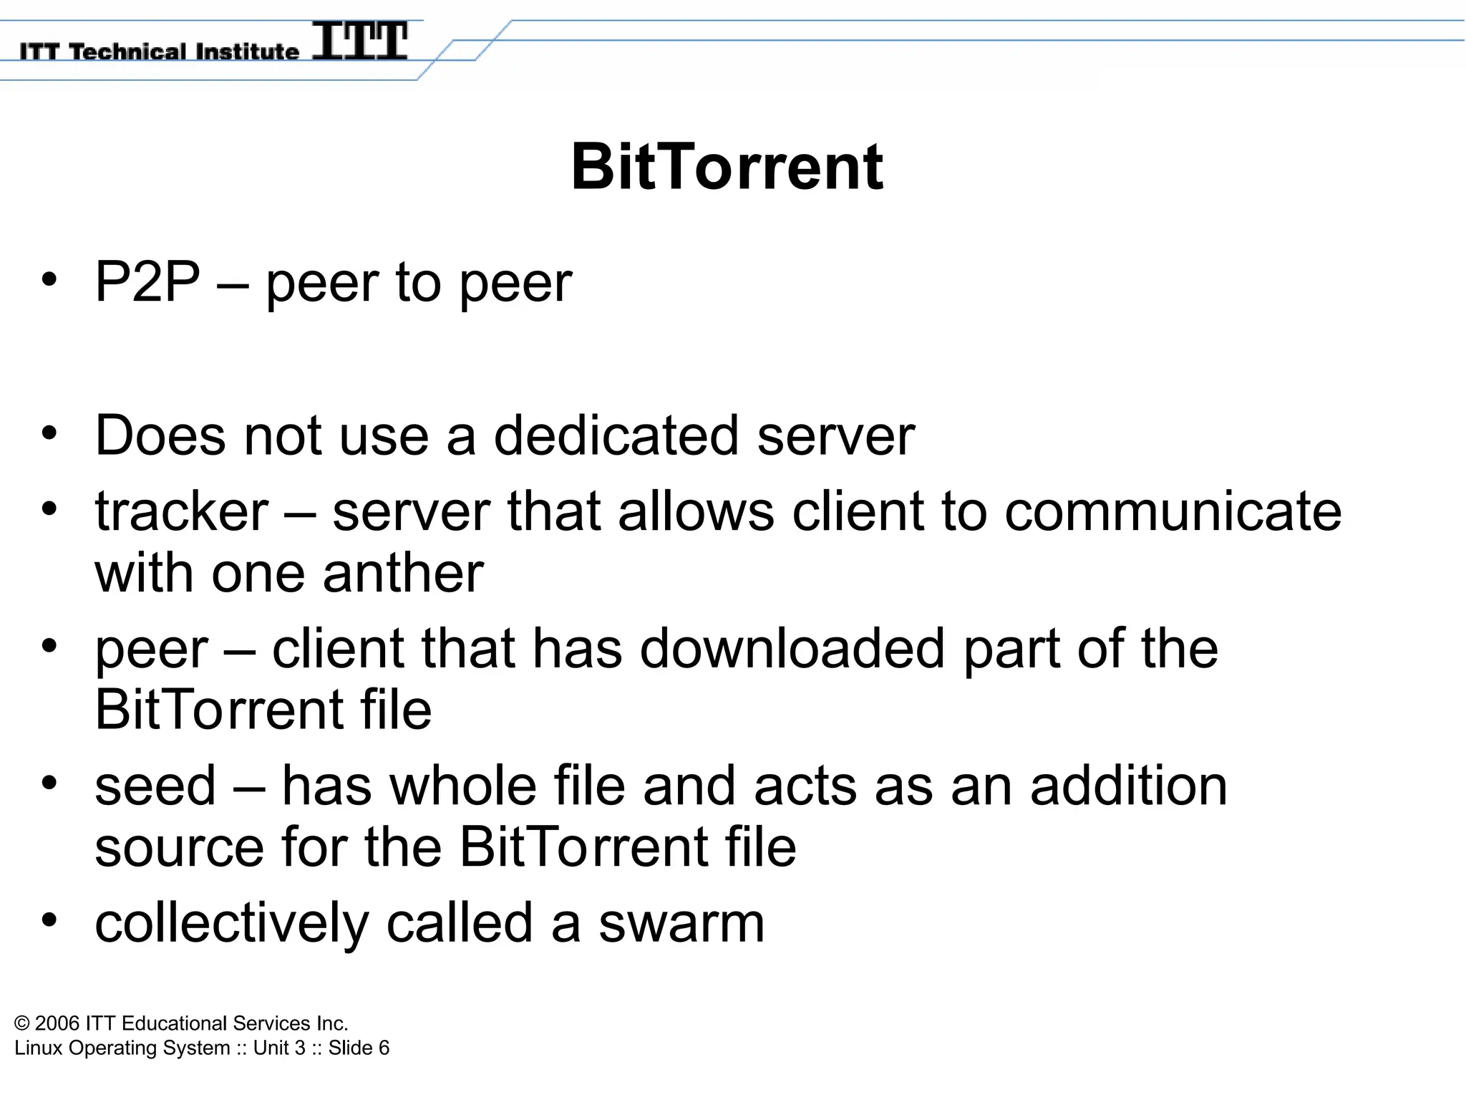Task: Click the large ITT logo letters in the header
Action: click(360, 41)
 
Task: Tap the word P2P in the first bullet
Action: click(147, 282)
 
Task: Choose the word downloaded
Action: click(792, 649)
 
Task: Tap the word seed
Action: click(155, 786)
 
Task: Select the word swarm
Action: click(681, 923)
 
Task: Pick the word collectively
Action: click(231, 923)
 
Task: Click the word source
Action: click(179, 847)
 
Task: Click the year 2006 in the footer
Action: click(57, 1023)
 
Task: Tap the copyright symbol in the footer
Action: click(22, 1023)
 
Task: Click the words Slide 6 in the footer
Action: click(359, 1048)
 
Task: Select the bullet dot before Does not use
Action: click(49, 433)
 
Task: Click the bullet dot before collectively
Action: click(49, 920)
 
